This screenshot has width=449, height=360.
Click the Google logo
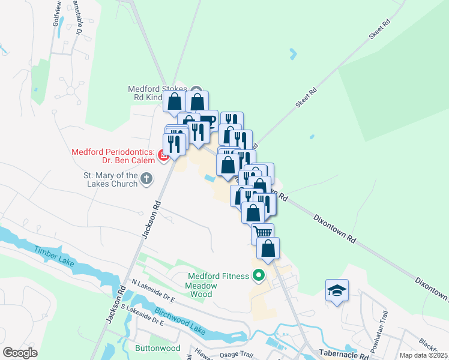[x=20, y=353]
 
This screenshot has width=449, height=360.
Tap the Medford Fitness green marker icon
[x=259, y=276]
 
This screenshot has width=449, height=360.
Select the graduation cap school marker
[x=336, y=291]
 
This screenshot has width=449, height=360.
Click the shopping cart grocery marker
[x=263, y=233]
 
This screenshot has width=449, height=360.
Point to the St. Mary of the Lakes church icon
[x=146, y=178]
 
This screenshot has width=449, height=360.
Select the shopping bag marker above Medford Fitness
[x=268, y=247]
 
